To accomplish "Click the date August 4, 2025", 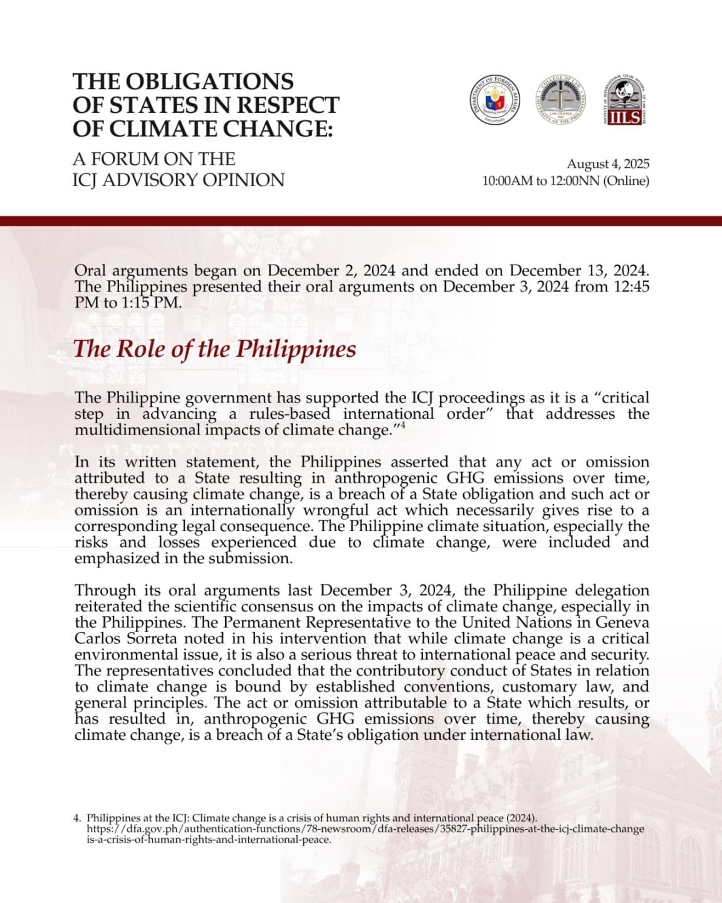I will [x=608, y=164].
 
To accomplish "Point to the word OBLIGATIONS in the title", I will [x=209, y=82].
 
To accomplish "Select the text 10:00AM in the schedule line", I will [x=507, y=181].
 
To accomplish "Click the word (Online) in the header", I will [x=626, y=181].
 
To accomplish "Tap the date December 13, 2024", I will [x=578, y=271].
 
